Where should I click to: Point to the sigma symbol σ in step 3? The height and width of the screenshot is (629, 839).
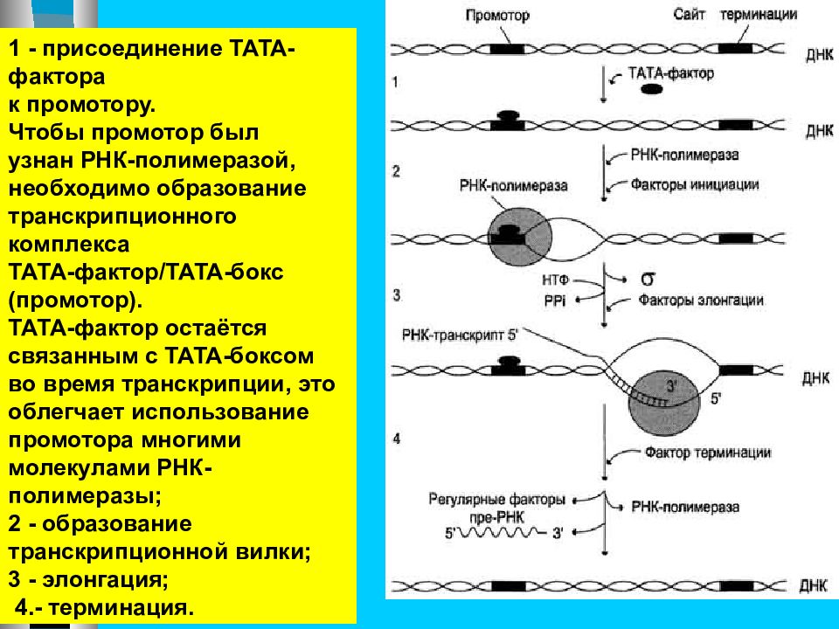pos(648,280)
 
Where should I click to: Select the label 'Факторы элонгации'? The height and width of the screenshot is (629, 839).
pos(701,301)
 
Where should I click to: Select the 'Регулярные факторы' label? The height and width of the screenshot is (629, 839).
pos(496,500)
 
